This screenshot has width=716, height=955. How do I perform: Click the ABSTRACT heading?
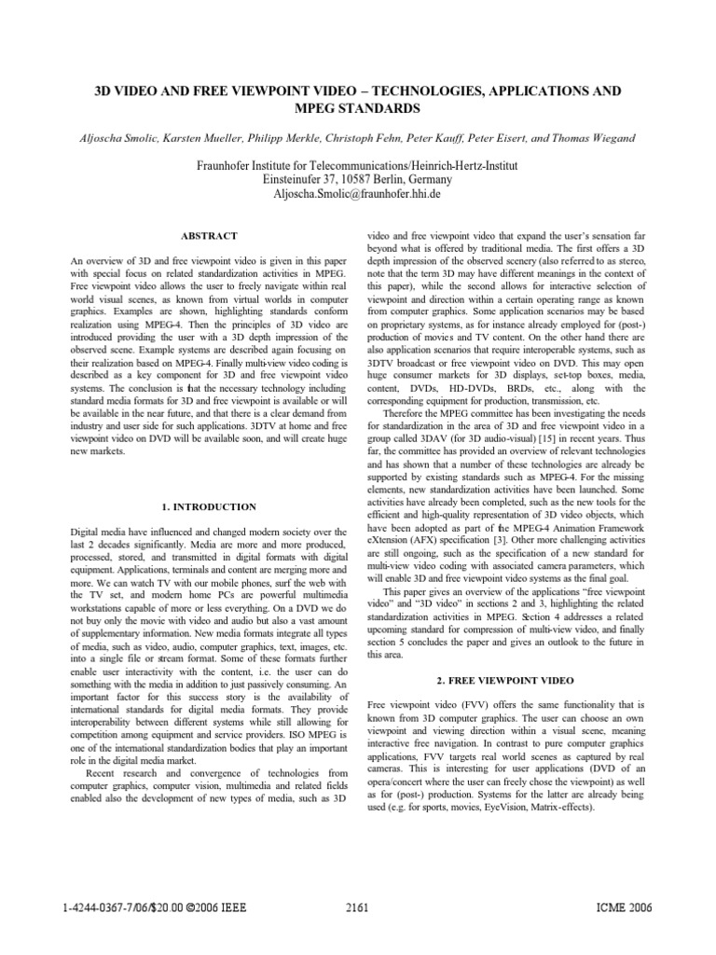click(211, 236)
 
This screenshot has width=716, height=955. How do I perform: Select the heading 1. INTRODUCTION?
click(210, 506)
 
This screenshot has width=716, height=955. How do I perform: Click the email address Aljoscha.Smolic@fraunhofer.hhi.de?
click(358, 194)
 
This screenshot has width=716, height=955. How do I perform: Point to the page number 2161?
click(358, 907)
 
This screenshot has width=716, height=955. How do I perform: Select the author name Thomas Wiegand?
click(599, 138)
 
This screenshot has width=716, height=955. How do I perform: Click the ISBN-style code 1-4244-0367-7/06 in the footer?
click(103, 907)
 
